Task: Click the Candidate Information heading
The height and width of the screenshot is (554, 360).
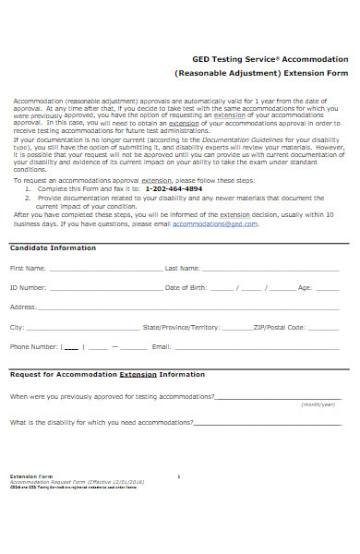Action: (52, 248)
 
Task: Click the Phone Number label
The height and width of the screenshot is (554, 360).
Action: (33, 347)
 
